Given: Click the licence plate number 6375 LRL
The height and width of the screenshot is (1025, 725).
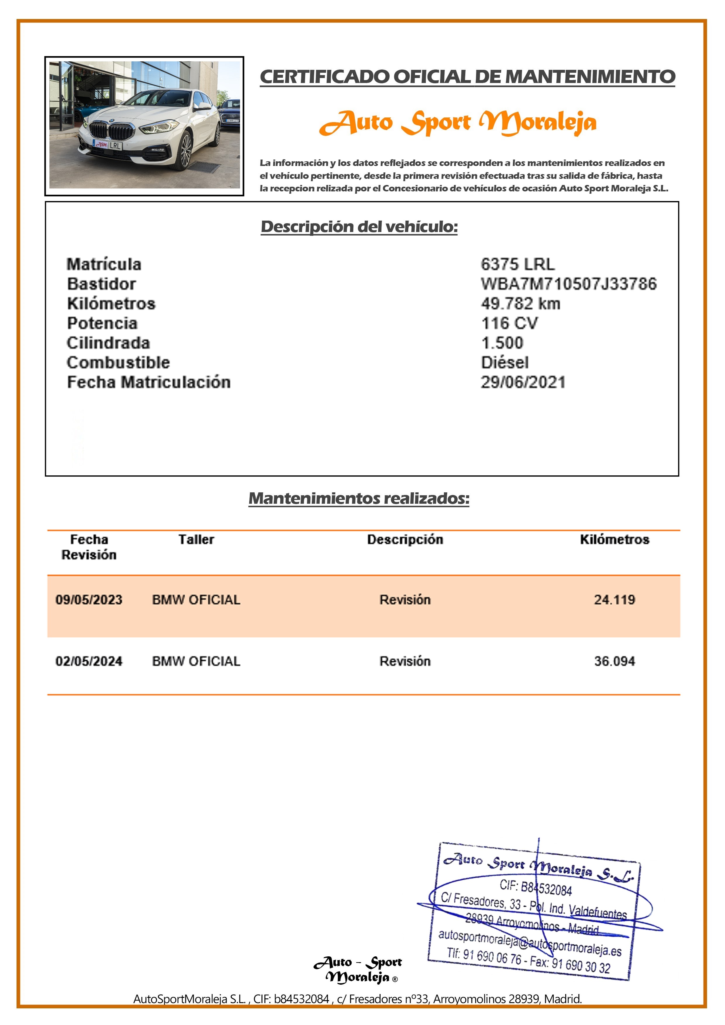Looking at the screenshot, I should (517, 264).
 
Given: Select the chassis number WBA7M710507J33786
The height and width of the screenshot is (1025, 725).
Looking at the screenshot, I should (568, 284).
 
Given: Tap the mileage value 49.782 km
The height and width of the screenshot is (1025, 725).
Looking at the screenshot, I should (520, 304).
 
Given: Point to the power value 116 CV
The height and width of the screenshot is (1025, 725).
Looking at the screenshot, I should (509, 323).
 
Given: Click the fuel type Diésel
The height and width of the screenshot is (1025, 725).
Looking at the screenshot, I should (504, 363).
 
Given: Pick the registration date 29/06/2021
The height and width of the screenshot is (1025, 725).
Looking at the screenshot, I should (523, 382).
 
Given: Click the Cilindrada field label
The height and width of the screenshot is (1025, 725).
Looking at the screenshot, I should (108, 343).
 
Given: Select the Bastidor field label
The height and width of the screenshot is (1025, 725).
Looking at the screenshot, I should (101, 284).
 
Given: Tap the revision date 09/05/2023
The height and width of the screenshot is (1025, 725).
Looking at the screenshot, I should (89, 600).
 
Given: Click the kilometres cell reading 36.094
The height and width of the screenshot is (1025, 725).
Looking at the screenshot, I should (614, 661).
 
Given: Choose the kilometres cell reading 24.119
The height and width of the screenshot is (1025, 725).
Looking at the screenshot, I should (614, 600).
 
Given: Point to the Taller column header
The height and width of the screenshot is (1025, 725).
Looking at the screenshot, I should (196, 539).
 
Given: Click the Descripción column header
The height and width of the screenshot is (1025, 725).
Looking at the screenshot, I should (405, 539).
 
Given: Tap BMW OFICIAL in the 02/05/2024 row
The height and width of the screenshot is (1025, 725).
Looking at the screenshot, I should (196, 661).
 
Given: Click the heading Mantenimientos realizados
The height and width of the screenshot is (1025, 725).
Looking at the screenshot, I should (359, 498).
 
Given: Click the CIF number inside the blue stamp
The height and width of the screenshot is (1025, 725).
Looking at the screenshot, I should (536, 888).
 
